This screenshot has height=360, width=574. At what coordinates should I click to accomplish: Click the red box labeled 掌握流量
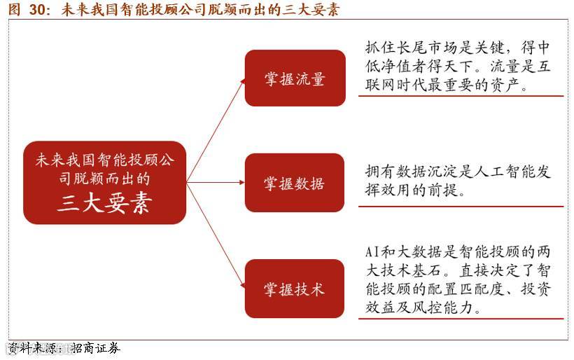(x=295, y=78)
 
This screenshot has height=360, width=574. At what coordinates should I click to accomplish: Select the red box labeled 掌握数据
(x=295, y=184)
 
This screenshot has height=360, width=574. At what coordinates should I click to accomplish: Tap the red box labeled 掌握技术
(x=295, y=289)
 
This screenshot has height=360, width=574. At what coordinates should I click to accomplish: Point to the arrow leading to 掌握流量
(x=217, y=129)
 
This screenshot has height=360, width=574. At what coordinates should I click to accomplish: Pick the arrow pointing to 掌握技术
(x=217, y=235)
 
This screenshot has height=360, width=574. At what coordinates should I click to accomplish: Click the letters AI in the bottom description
(x=373, y=251)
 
